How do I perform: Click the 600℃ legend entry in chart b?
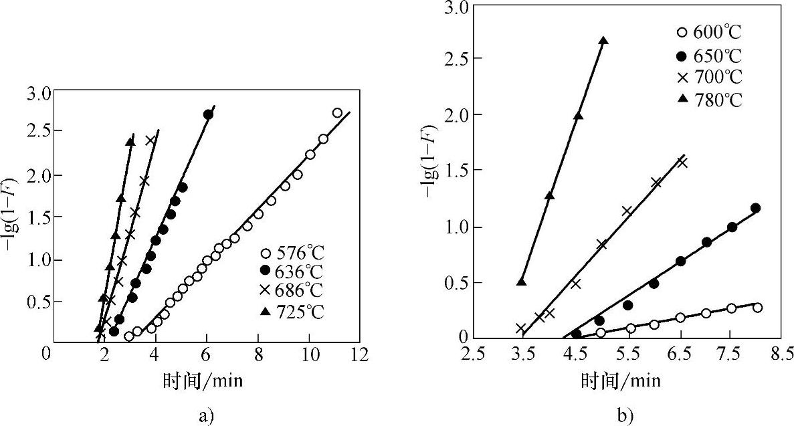click(x=709, y=31)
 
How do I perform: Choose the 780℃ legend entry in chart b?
click(x=709, y=100)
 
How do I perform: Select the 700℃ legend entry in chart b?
click(x=709, y=77)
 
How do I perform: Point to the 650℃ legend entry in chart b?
click(x=709, y=54)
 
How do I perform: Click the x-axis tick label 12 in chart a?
click(x=360, y=354)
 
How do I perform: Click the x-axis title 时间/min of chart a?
click(x=202, y=381)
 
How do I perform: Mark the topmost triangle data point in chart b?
click(x=603, y=41)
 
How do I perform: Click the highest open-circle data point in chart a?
click(x=337, y=113)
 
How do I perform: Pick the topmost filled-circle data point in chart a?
click(x=208, y=115)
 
